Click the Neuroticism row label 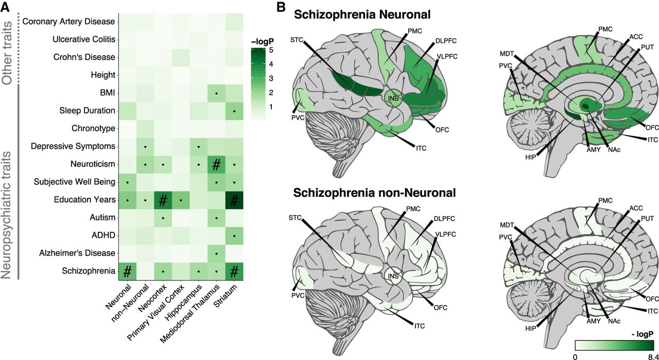[93, 164]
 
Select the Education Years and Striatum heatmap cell [234, 200]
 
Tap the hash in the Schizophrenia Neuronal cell [127, 271]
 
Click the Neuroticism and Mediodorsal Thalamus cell [216, 164]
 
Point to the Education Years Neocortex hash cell [163, 200]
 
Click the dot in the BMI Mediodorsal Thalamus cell [216, 93]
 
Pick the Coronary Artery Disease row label [68, 22]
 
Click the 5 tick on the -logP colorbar [271, 50]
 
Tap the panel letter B [281, 7]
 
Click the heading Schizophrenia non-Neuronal [374, 193]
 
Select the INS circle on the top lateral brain [393, 98]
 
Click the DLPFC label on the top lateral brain [446, 41]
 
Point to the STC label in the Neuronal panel [297, 40]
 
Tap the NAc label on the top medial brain [614, 149]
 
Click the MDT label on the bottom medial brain [507, 225]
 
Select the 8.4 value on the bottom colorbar [653, 357]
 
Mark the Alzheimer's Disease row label [77, 253]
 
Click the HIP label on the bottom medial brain [530, 329]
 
